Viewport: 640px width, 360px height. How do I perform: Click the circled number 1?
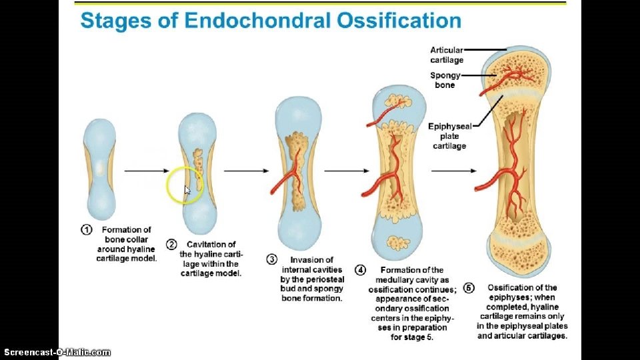click(87, 230)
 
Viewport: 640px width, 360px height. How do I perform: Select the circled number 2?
click(171, 245)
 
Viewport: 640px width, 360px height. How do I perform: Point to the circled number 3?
click(272, 259)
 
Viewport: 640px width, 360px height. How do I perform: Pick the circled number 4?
click(360, 270)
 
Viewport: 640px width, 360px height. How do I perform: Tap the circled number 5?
click(469, 288)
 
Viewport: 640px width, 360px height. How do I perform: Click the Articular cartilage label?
click(447, 55)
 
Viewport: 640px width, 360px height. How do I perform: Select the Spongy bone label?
click(445, 80)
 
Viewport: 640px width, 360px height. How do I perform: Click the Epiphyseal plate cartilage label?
click(449, 136)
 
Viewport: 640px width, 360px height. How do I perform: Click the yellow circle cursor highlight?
click(184, 186)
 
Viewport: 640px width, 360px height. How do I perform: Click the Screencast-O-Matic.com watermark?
click(57, 352)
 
